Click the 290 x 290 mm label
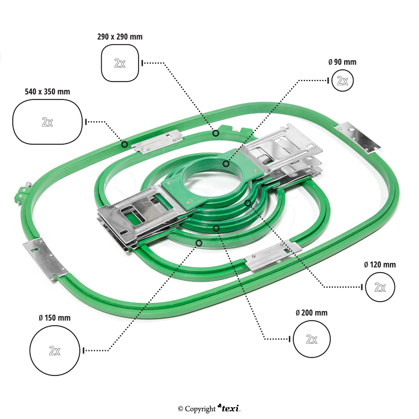(120, 37)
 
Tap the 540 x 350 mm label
(47, 91)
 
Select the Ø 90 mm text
(342, 62)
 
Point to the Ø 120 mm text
(380, 264)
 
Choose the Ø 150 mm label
(55, 317)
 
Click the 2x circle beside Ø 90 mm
(342, 81)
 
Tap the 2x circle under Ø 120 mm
(380, 287)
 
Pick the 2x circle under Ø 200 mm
(312, 339)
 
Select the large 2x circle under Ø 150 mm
(55, 350)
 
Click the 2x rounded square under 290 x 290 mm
(120, 63)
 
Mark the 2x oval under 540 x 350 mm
(47, 121)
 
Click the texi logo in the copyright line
(229, 408)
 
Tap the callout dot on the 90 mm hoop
(226, 164)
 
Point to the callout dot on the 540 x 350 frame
(124, 144)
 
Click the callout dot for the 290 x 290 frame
(216, 133)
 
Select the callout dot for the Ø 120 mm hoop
(247, 202)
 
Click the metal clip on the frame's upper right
(358, 136)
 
